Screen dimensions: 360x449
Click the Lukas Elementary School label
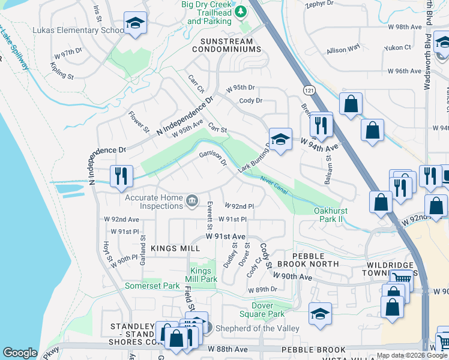[x=70, y=30]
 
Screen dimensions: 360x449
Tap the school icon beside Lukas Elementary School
[x=135, y=24]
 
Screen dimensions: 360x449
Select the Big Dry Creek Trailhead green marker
[x=240, y=11]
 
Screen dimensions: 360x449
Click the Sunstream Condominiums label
[x=223, y=46]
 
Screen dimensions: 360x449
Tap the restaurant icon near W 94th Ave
[x=321, y=125]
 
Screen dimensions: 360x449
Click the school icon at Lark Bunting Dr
[x=280, y=139]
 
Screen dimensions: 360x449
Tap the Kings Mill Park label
[x=201, y=275]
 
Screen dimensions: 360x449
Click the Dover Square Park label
[x=262, y=310]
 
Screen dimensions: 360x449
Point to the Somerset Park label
[x=152, y=286]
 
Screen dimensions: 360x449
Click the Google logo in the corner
[x=20, y=353]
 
